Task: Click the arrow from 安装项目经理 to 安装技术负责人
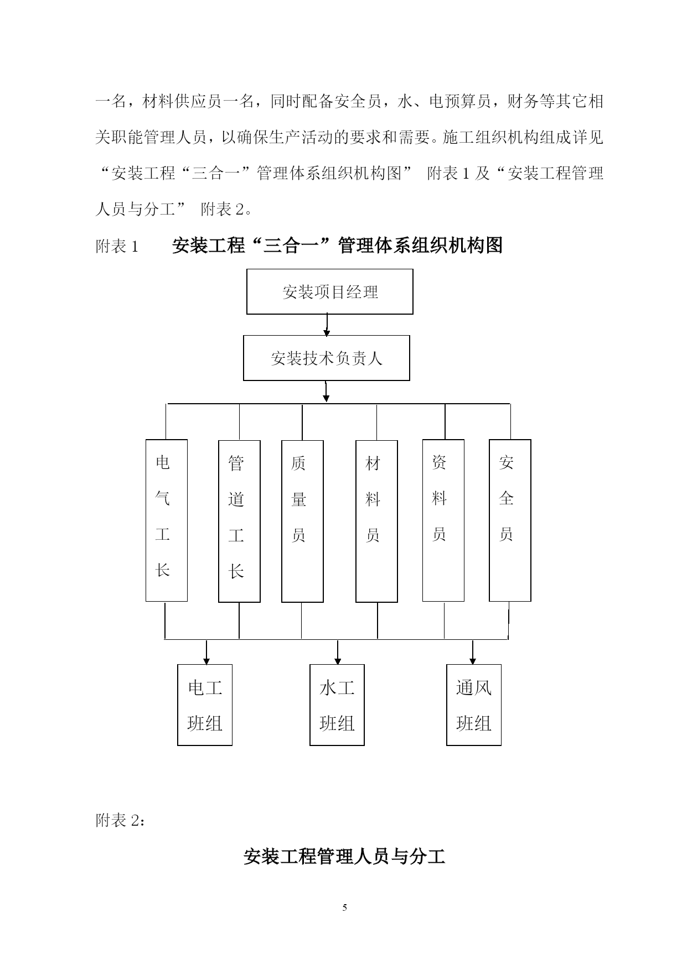coord(327,325)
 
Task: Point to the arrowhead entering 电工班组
coord(206,660)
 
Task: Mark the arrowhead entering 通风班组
coord(473,660)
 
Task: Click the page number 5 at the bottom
coord(344,908)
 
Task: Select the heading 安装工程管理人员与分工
coord(344,857)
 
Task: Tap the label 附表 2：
coord(121,821)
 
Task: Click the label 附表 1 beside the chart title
coord(117,246)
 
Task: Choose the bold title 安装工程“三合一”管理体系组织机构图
coord(337,246)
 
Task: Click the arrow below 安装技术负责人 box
coord(327,392)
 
